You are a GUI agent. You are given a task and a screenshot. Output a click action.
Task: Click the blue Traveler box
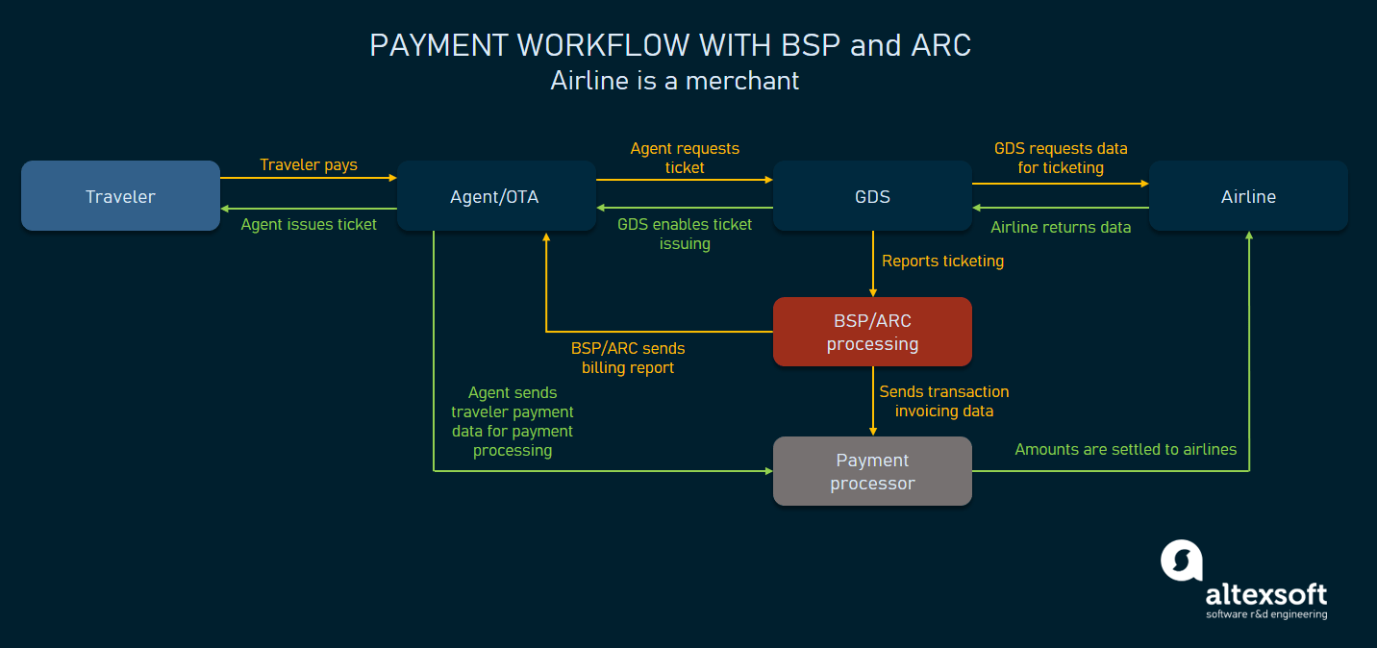pos(120,196)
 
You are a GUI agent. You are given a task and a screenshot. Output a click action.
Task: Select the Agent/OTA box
pos(495,196)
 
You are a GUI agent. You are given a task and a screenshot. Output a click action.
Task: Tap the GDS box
pos(872,196)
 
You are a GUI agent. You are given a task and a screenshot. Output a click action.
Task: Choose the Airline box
pos(1248,196)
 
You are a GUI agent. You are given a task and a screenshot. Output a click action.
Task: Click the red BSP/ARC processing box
pos(872,332)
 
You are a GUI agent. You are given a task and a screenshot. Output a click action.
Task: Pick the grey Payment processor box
pos(872,471)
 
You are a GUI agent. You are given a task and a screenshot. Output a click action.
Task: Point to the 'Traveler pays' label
pos(309,164)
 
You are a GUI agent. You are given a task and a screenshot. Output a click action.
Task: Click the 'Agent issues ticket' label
pos(309,224)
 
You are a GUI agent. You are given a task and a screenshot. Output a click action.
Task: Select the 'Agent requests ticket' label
pos(685,158)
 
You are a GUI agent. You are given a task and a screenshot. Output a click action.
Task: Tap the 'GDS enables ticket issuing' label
pos(685,234)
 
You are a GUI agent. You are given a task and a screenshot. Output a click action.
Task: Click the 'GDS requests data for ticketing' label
pos(1061,158)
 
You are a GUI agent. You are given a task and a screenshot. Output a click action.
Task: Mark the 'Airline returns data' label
pos(1061,227)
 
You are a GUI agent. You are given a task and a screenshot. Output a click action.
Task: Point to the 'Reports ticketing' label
pos(942,261)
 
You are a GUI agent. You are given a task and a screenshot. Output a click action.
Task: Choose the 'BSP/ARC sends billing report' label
pos(628,358)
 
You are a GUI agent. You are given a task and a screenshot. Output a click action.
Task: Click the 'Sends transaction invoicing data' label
pos(943,401)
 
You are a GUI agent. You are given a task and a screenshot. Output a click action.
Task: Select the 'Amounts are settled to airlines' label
pos(1125,449)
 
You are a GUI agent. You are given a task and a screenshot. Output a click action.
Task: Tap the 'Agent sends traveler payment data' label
pos(513,421)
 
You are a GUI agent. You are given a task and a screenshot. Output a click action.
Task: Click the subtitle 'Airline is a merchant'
pos(674,80)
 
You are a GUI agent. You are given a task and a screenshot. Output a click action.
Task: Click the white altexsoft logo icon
pos(1182,561)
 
